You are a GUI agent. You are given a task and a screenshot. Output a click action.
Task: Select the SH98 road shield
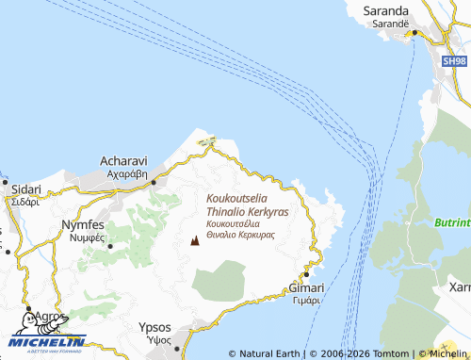point(455,60)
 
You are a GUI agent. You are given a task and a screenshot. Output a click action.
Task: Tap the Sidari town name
point(21,188)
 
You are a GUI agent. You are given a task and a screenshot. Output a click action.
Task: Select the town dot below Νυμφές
point(109,246)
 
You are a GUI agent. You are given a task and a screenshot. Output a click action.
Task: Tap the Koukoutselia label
point(247,200)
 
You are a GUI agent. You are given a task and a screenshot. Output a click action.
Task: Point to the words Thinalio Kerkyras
point(247,213)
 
